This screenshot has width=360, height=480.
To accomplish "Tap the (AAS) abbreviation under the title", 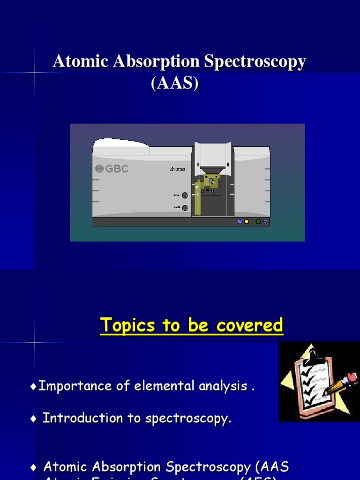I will (x=175, y=83).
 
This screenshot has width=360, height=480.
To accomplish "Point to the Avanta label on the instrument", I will (x=178, y=169).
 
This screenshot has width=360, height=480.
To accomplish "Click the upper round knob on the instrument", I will (x=185, y=195).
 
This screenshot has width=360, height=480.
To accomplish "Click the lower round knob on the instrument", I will (x=185, y=208).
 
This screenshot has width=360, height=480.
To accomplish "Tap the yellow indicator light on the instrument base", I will (x=247, y=222).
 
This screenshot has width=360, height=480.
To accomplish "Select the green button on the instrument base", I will (x=258, y=222).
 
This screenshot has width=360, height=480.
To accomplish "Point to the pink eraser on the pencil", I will (x=351, y=377).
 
